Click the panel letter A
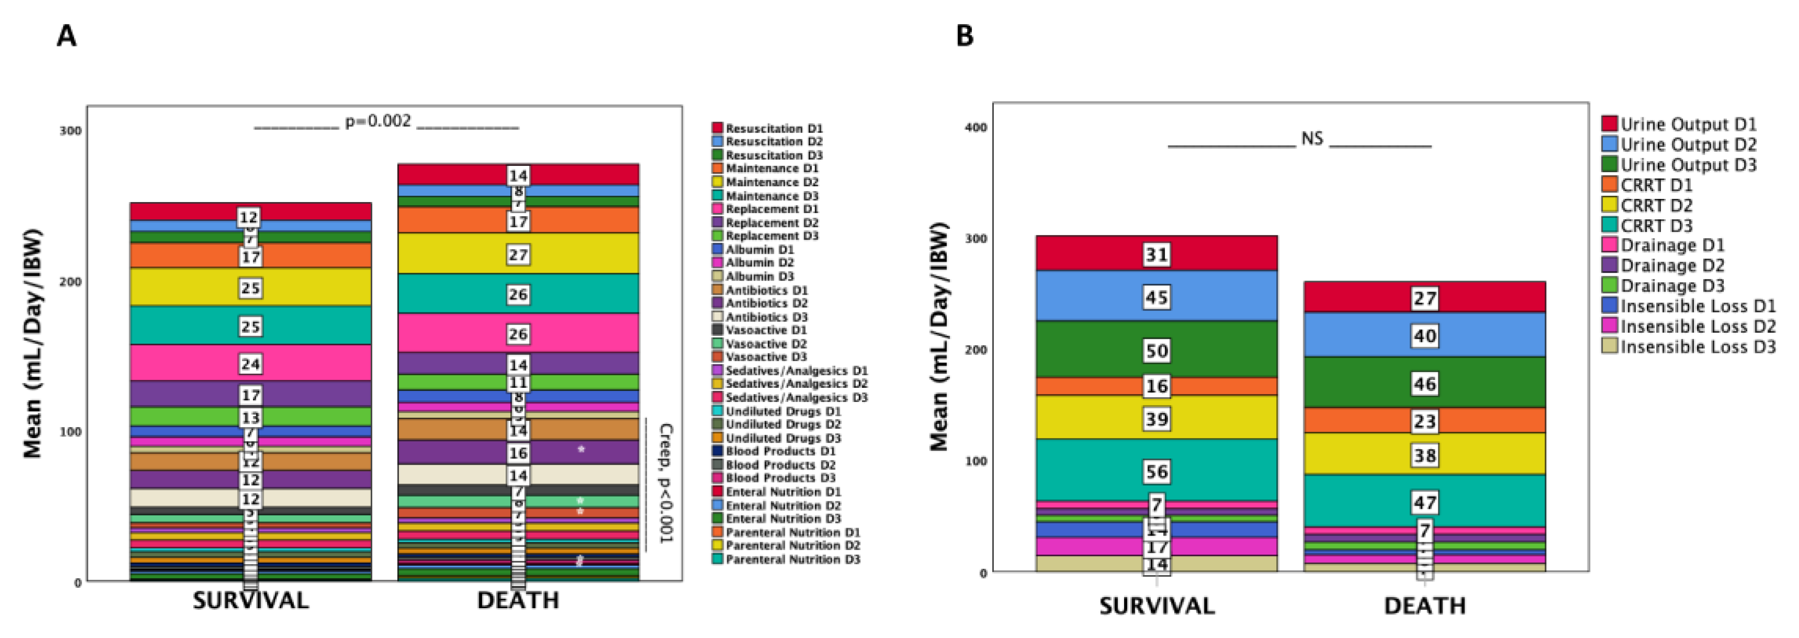click(66, 35)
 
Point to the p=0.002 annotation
click(378, 121)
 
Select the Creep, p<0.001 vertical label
click(665, 482)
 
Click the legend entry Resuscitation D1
click(774, 129)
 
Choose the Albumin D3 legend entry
click(759, 277)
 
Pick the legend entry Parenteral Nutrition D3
click(793, 559)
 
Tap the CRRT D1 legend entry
click(1656, 185)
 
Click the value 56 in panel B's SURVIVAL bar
click(1156, 472)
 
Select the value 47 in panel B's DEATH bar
click(1425, 502)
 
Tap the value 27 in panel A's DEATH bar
click(518, 254)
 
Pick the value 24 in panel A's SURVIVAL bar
click(250, 364)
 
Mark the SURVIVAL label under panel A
click(251, 600)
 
